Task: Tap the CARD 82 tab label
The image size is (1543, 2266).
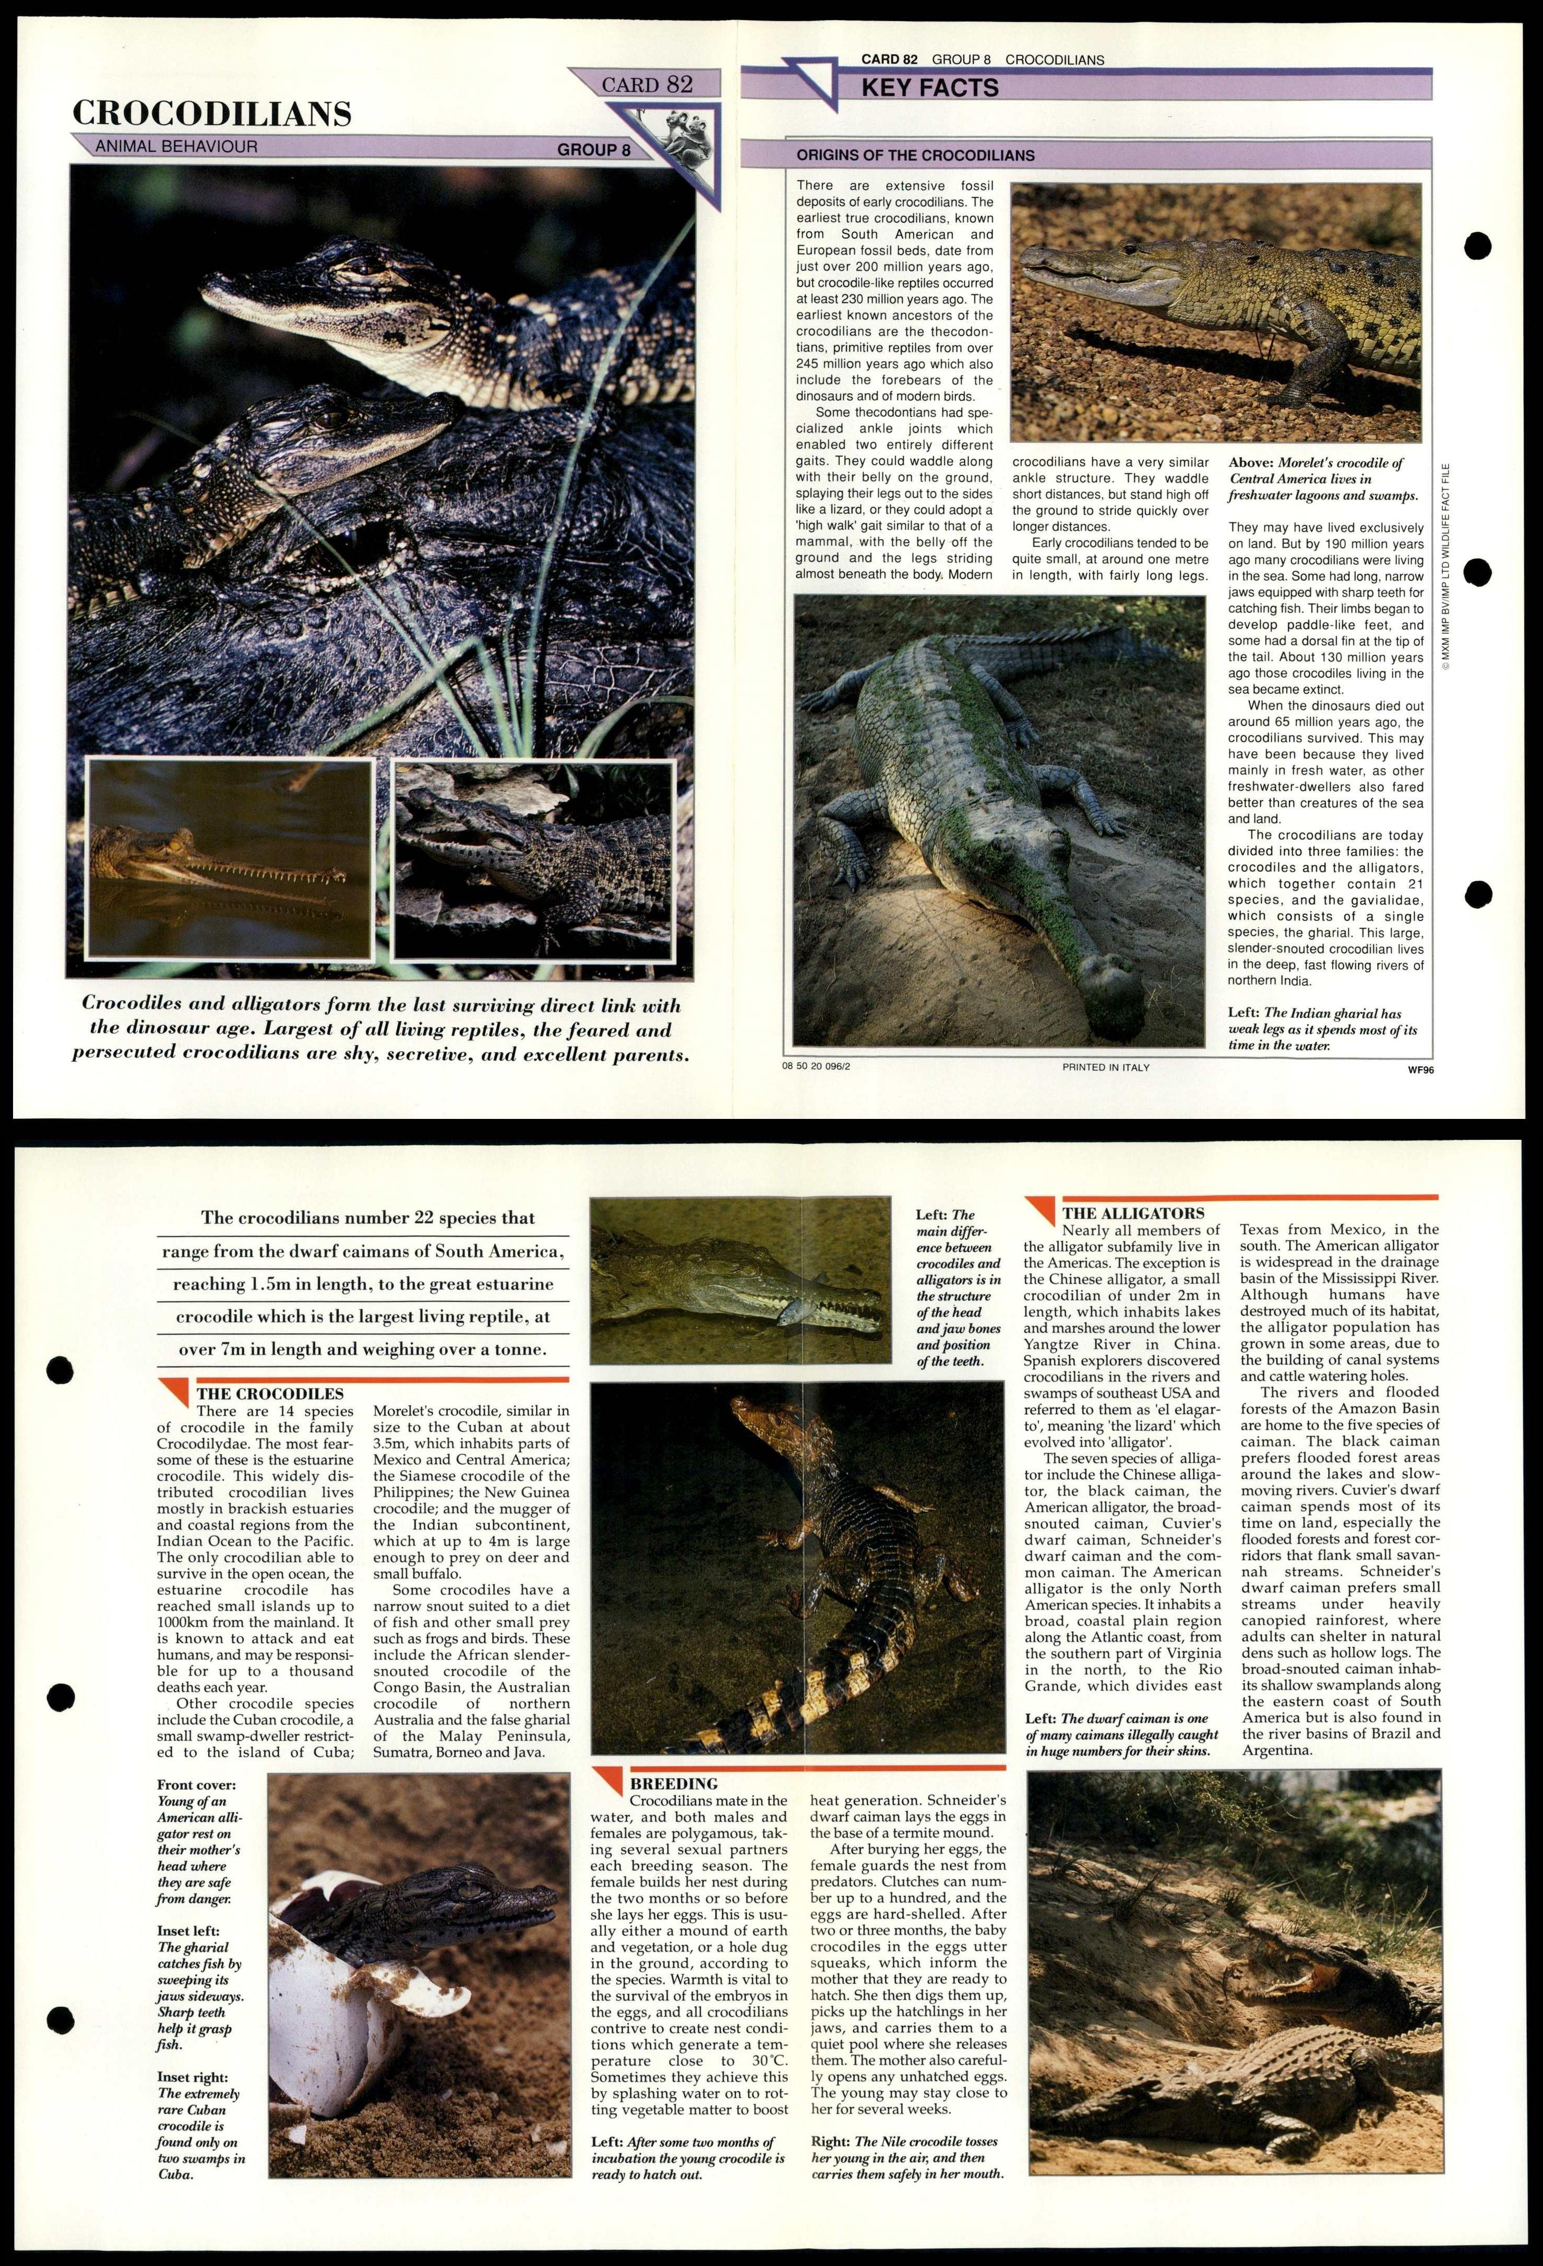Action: coord(647,85)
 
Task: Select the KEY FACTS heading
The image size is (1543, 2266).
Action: coord(929,88)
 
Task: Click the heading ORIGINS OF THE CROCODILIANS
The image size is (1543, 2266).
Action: coord(915,155)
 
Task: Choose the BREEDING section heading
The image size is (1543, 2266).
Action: coord(674,1783)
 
